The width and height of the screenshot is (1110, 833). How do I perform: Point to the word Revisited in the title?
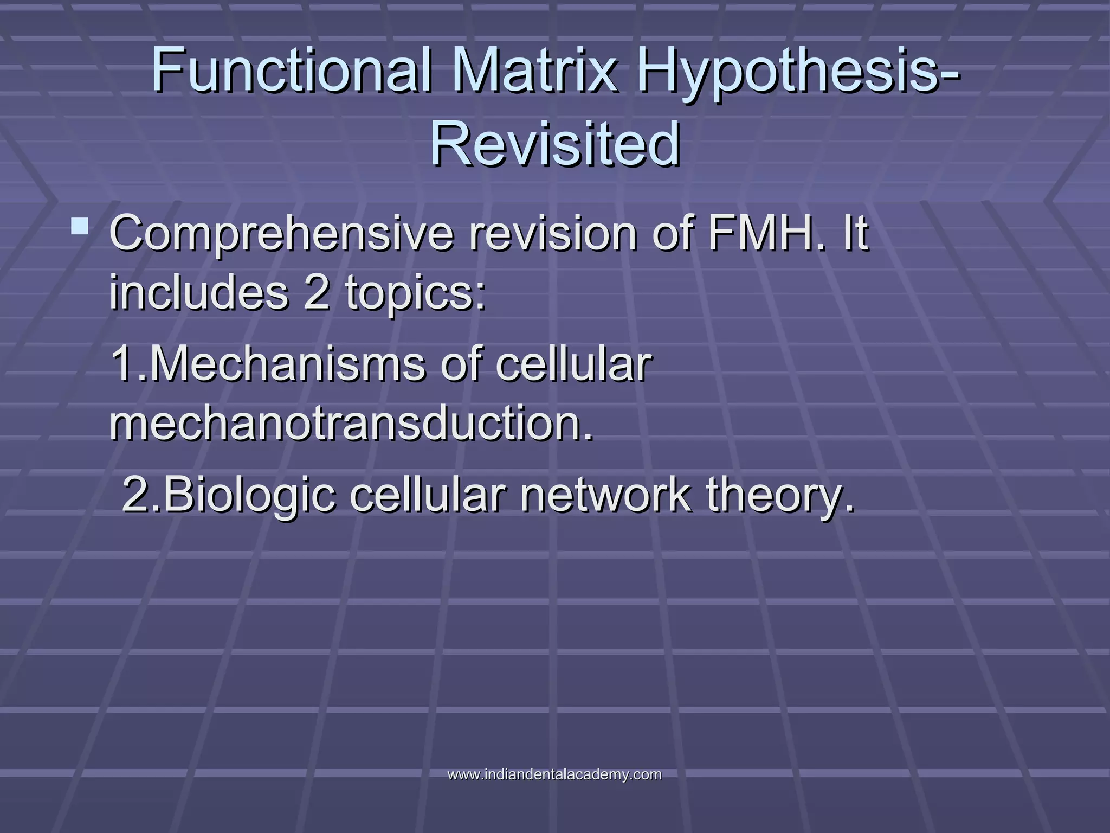tap(555, 144)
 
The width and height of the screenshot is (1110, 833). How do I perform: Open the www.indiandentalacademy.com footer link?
tap(554, 774)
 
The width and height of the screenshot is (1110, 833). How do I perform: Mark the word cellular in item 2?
tap(428, 495)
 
